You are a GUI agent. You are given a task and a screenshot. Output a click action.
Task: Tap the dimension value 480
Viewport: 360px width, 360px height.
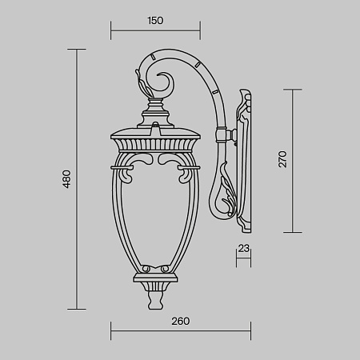(67, 178)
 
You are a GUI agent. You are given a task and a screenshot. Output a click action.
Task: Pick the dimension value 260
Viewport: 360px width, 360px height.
(179, 321)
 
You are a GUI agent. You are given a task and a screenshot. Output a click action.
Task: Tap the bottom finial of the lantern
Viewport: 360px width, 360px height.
(157, 299)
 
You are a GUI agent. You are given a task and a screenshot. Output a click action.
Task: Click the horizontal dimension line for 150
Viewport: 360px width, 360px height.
(156, 34)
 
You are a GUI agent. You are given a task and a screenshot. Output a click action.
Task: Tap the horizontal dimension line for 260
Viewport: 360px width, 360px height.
(179, 331)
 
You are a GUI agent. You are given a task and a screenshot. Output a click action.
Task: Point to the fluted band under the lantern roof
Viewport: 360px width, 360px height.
(157, 145)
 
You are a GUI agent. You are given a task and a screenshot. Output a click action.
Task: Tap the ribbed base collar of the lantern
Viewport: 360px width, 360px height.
(157, 280)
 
